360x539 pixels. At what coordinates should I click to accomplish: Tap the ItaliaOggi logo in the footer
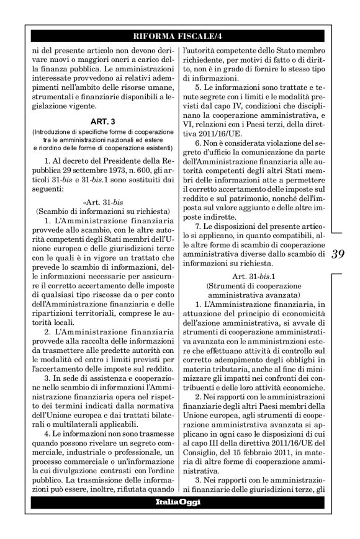(x=180, y=501)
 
